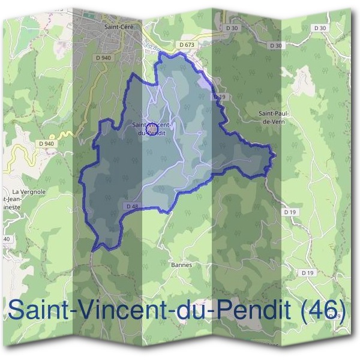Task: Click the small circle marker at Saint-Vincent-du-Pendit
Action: coord(152,128)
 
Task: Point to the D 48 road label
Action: coord(133,206)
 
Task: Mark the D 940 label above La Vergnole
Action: coord(46,143)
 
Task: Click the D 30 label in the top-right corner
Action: coord(320,28)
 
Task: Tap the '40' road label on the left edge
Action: coord(6,239)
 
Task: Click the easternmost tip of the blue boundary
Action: coord(275,155)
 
